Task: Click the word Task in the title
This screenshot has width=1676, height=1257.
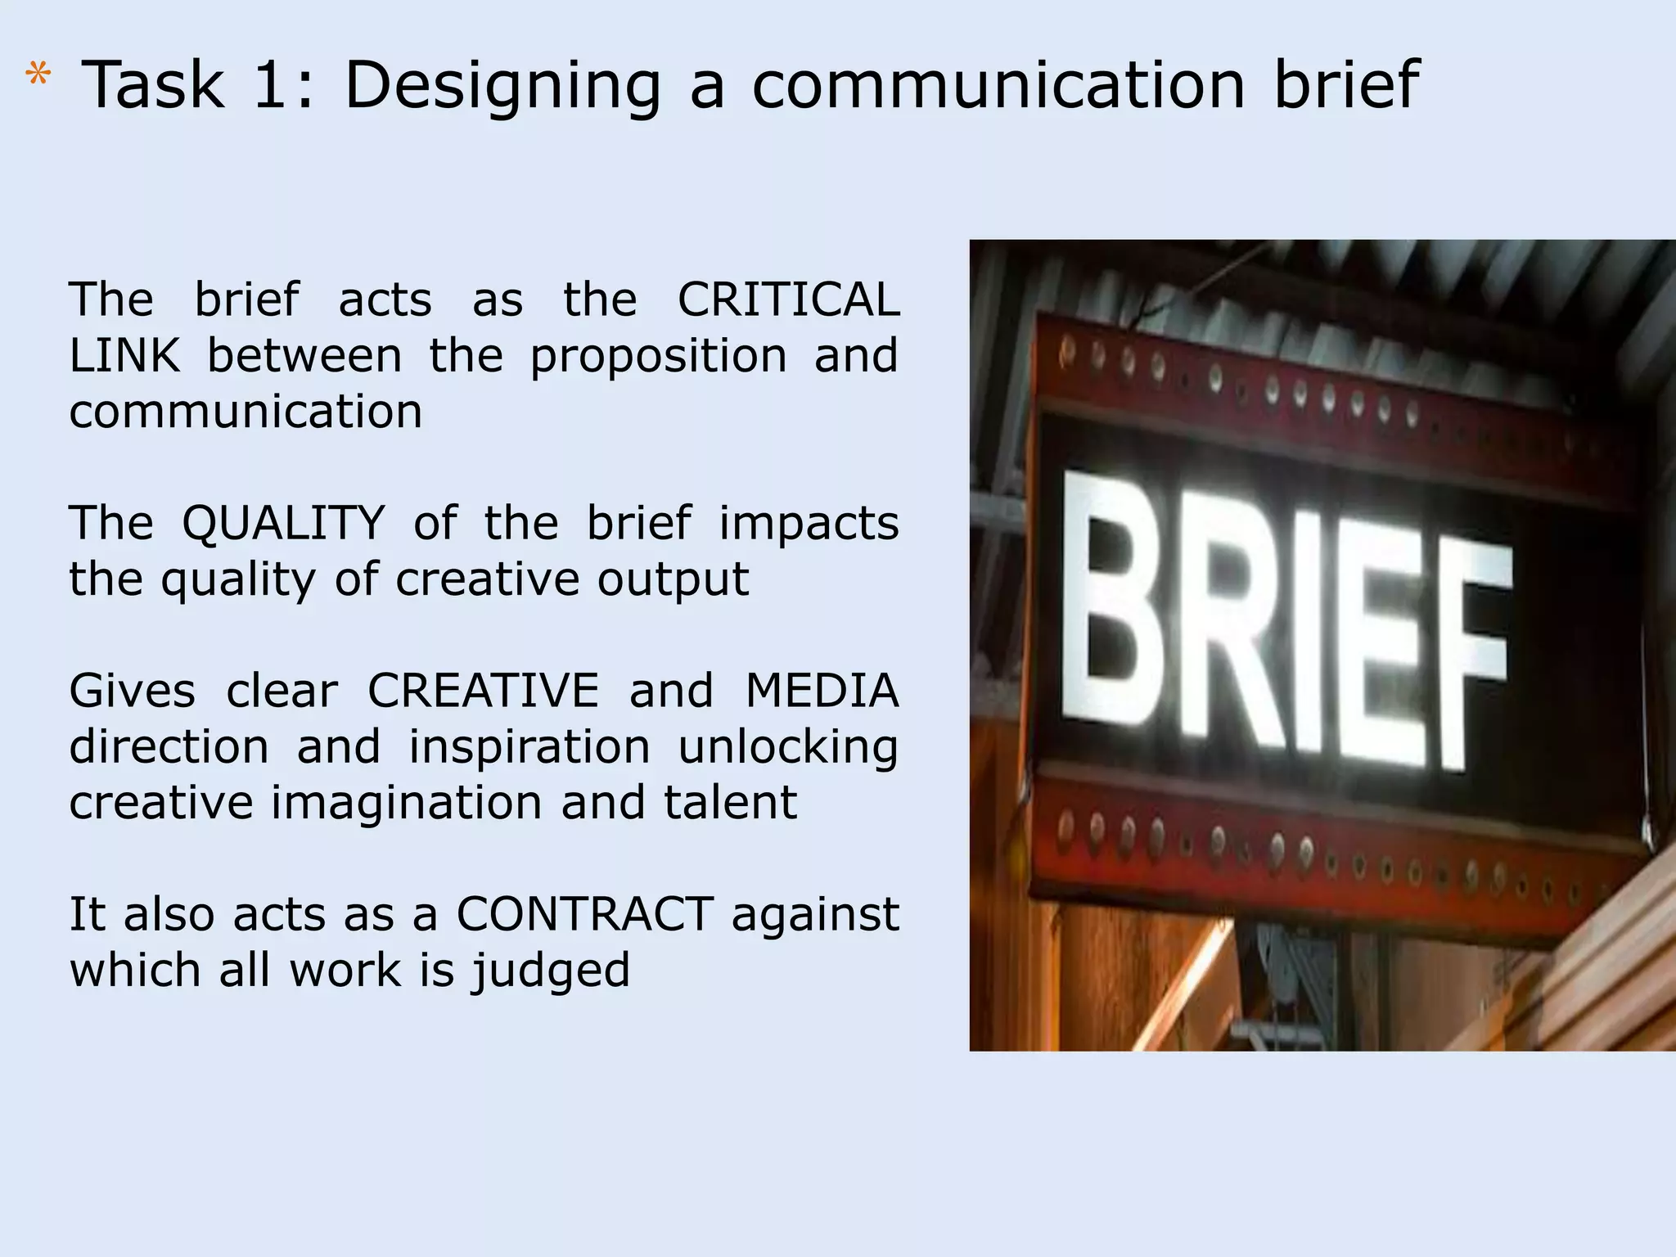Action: (x=154, y=85)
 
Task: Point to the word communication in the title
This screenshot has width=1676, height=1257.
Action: (x=998, y=85)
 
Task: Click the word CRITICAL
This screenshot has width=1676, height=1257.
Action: (x=788, y=300)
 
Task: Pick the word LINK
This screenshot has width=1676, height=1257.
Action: (x=124, y=356)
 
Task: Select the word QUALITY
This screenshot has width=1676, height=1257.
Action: (x=283, y=525)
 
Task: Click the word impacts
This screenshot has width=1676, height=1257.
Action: (x=809, y=525)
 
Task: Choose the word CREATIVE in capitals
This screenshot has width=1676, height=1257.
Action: (x=483, y=691)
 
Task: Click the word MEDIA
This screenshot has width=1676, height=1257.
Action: (x=822, y=691)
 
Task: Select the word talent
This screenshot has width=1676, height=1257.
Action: (x=730, y=803)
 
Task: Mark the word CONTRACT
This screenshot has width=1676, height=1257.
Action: (x=585, y=914)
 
